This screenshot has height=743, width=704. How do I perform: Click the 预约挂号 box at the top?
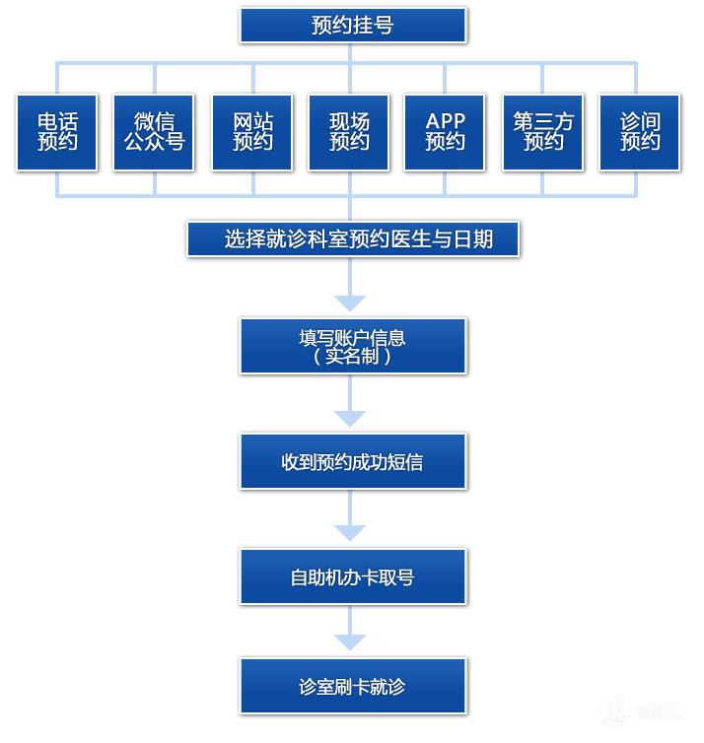[x=352, y=26]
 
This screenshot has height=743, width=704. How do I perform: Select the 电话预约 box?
[x=57, y=132]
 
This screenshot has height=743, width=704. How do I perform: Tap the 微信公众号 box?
[x=154, y=132]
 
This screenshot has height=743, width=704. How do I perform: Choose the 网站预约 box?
[x=252, y=132]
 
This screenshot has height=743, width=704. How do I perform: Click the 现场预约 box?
[x=349, y=132]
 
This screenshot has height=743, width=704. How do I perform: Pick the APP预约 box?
[x=445, y=132]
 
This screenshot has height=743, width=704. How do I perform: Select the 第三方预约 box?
[x=542, y=132]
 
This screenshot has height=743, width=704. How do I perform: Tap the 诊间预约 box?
[x=639, y=132]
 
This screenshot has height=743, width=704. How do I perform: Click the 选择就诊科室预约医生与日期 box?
[x=353, y=238]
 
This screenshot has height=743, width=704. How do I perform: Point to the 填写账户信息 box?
[x=352, y=346]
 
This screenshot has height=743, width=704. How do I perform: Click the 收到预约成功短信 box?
[x=352, y=461]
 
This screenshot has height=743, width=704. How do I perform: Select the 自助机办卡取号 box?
[x=352, y=576]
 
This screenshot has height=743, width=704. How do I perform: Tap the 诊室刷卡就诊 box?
[x=352, y=686]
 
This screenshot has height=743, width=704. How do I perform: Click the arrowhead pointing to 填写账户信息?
[x=350, y=303]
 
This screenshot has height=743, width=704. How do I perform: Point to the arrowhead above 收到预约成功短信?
[x=350, y=418]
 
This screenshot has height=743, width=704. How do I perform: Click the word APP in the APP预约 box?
[x=445, y=121]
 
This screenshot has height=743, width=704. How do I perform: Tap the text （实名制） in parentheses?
[x=352, y=357]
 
